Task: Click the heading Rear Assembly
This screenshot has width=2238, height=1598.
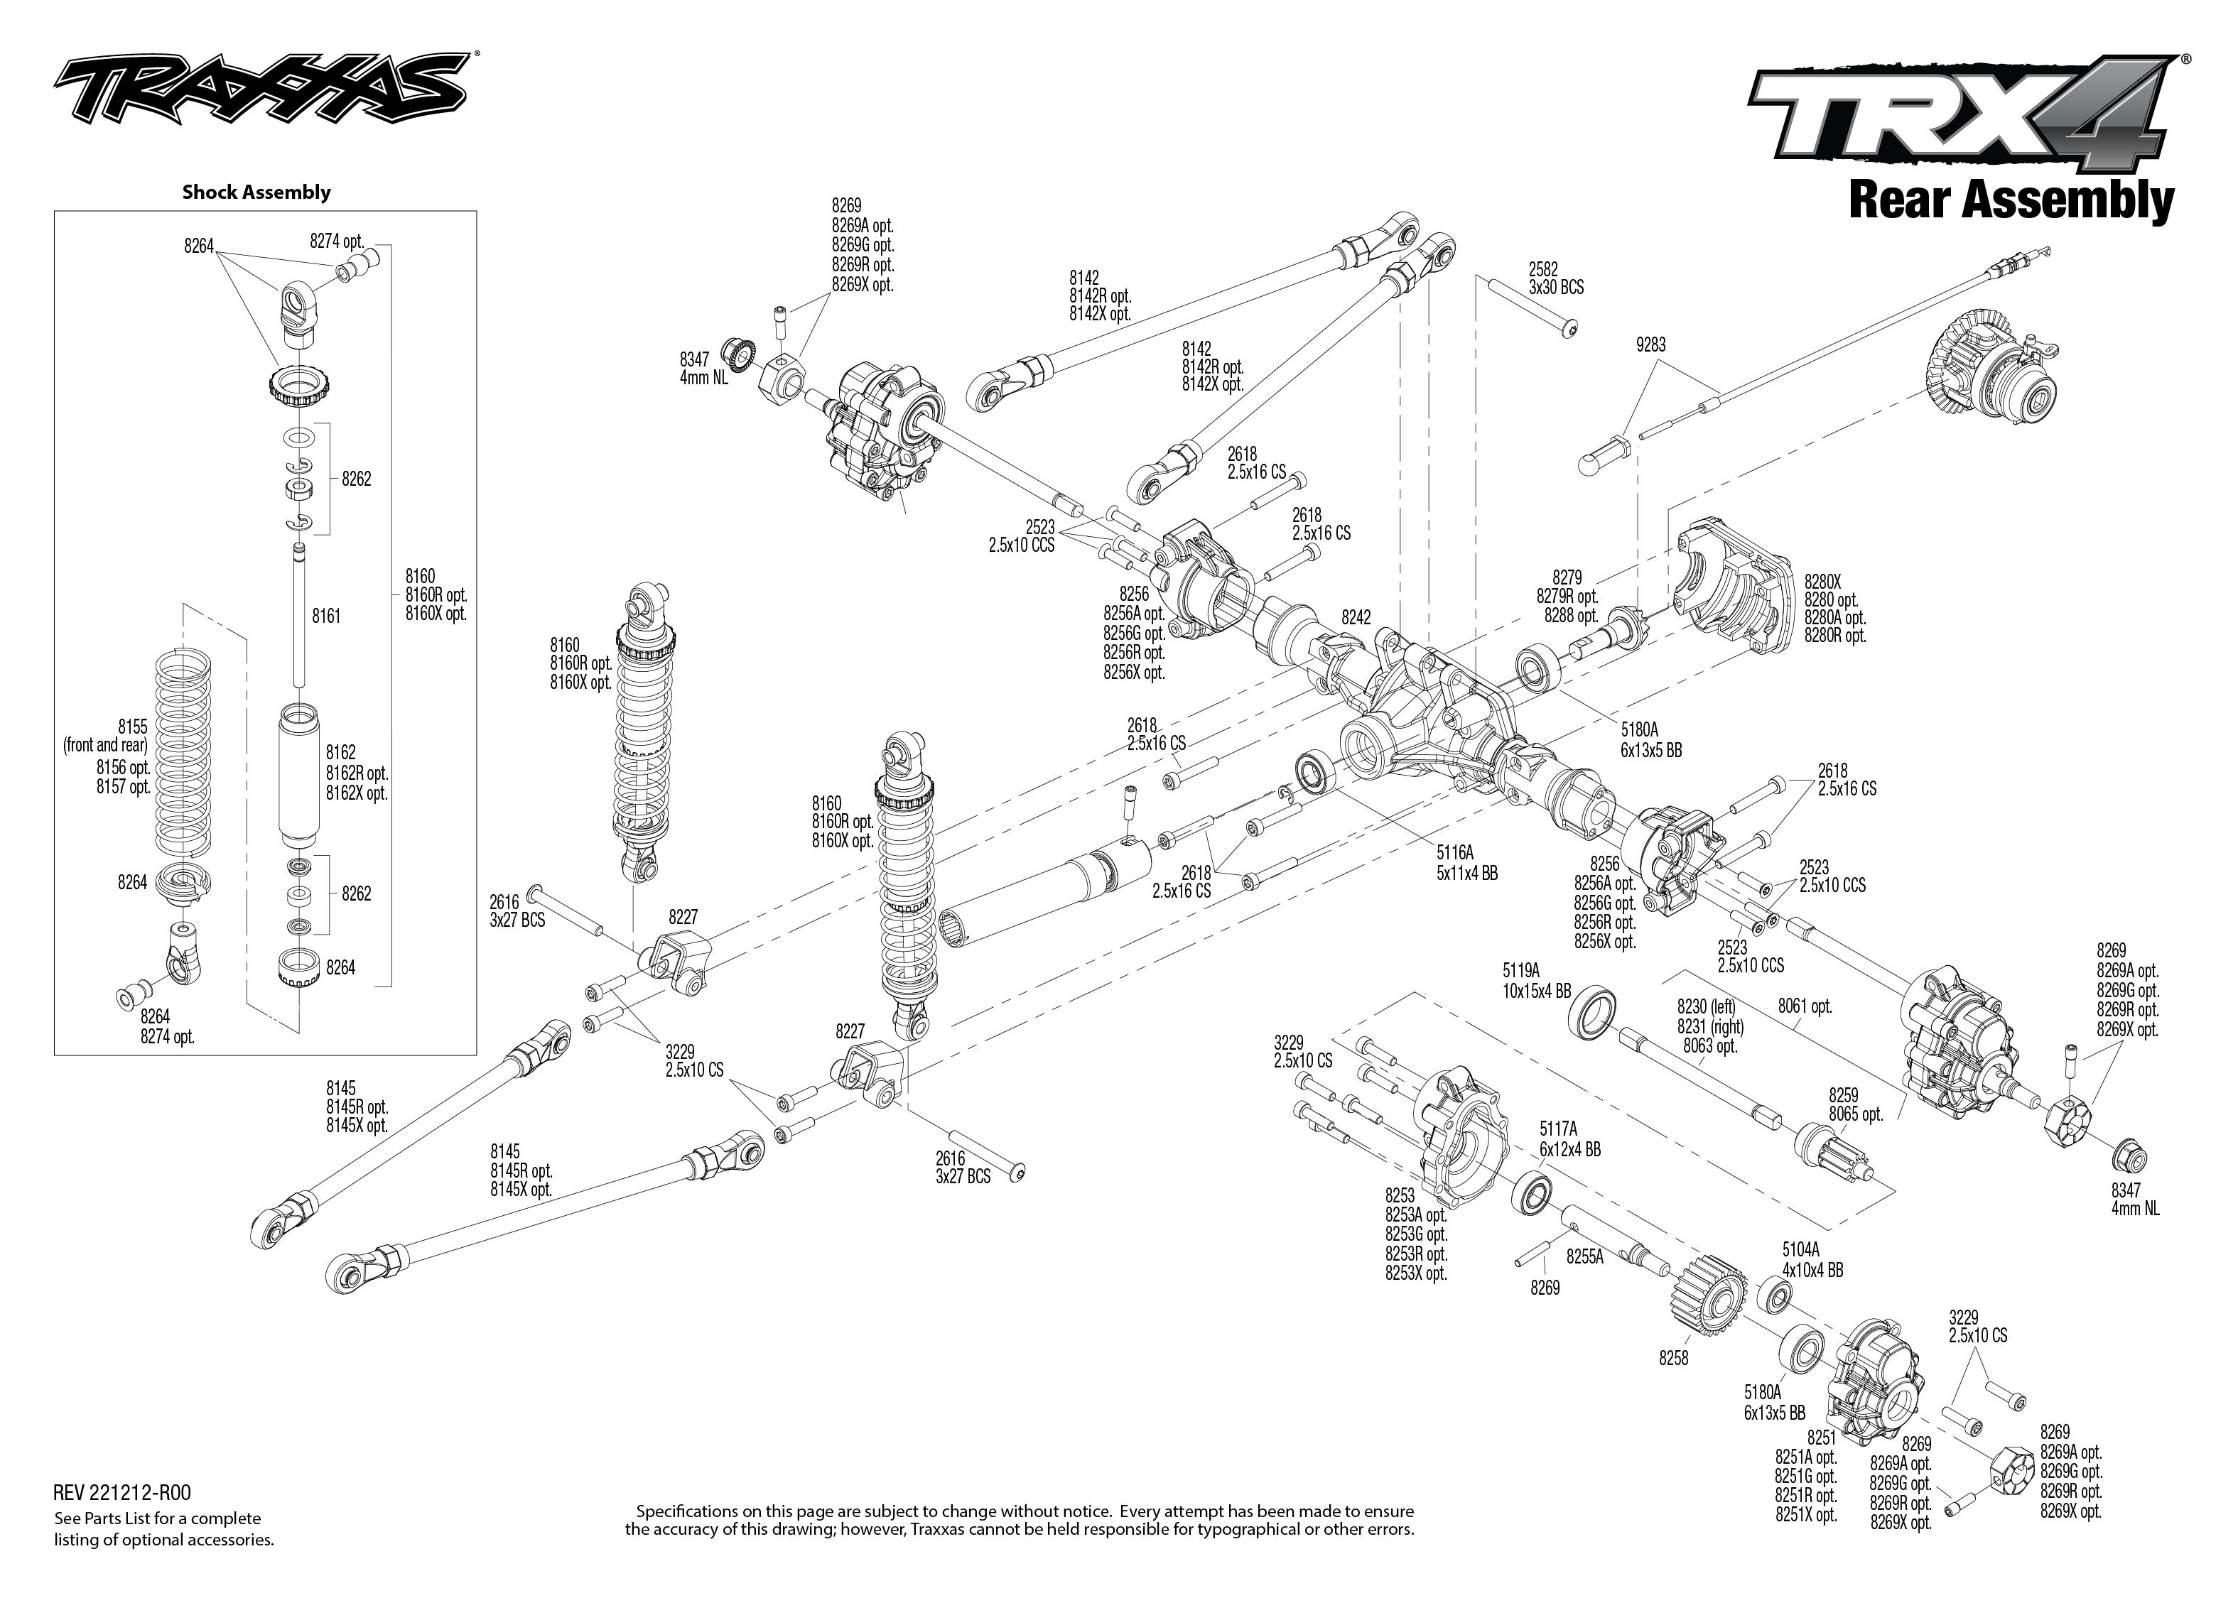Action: pos(2011,201)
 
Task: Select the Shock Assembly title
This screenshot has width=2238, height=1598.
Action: pos(256,192)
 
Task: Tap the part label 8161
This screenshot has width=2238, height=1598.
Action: pos(326,616)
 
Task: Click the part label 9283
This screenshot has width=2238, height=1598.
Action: pos(1650,345)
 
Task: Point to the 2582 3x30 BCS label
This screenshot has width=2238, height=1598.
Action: pos(1555,278)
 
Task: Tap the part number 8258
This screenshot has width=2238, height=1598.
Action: pos(1673,1358)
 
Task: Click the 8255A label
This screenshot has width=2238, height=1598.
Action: pos(1584,1256)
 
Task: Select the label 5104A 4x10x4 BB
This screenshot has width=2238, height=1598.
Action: pos(1812,1261)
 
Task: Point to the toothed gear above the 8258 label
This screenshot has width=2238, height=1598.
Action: pos(1707,1292)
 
